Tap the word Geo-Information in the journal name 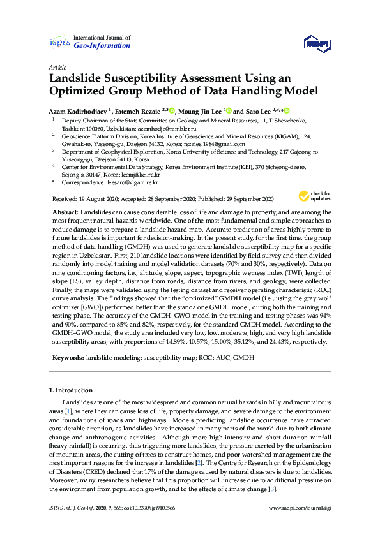click(x=102, y=46)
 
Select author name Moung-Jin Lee click(x=200, y=110)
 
